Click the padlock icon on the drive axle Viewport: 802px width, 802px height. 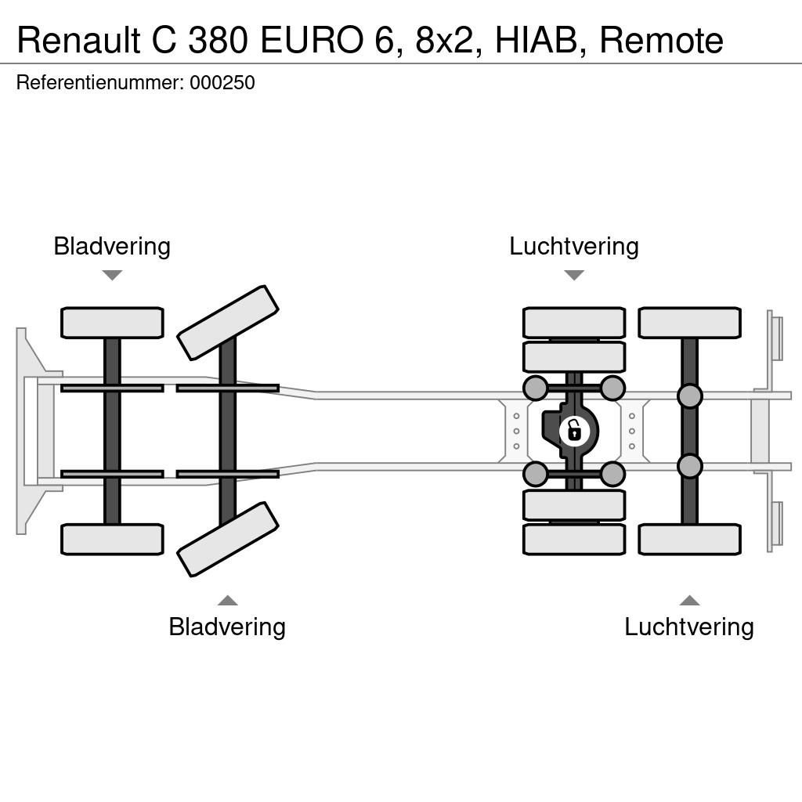[574, 431]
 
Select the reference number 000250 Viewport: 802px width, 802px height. [222, 83]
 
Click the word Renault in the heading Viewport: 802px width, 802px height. [78, 41]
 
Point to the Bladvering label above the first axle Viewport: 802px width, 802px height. [112, 246]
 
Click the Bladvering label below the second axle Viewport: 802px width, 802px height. [227, 627]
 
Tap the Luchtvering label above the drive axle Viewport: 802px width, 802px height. [574, 246]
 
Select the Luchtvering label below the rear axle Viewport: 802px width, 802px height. [689, 627]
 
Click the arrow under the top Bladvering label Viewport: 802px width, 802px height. [112, 275]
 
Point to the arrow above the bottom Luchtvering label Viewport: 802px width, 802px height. [689, 600]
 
